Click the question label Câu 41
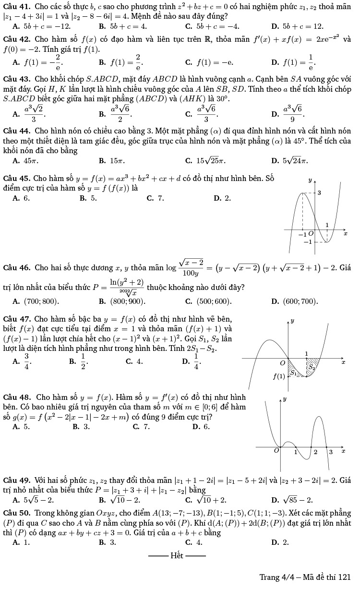pos(16,6)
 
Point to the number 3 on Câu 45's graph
pos(320,192)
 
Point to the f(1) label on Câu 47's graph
pos(279,376)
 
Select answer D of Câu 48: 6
pos(202,426)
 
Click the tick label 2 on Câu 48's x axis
pos(315,452)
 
